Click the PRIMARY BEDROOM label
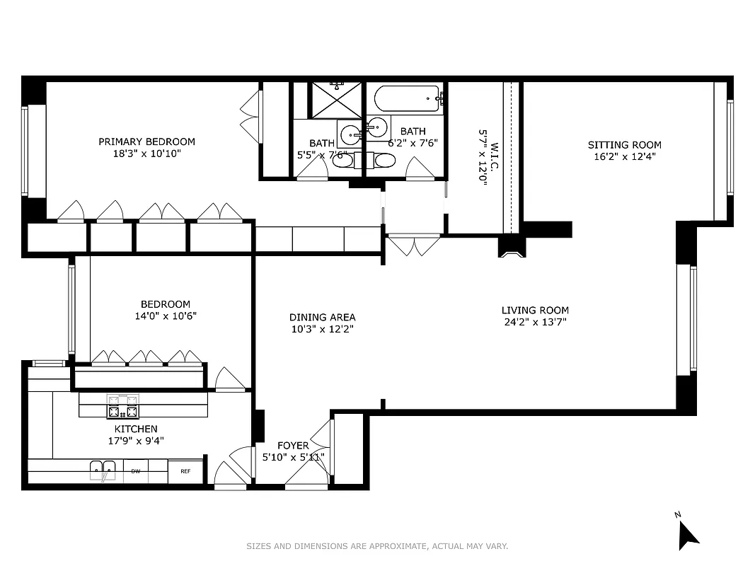click(x=146, y=141)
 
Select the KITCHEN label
click(x=136, y=429)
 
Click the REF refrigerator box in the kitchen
click(x=185, y=471)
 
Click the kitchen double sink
click(x=103, y=470)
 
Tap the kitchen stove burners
click(x=122, y=408)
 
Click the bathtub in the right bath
click(x=407, y=98)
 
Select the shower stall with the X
click(x=337, y=100)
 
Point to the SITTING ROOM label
click(x=625, y=145)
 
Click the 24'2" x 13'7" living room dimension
click(x=535, y=322)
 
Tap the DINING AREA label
click(x=322, y=317)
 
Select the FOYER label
click(x=292, y=445)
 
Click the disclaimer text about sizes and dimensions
click(x=377, y=546)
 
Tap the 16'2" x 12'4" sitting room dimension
click(x=625, y=157)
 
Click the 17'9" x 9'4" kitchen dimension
click(x=136, y=440)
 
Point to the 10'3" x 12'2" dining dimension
click(x=322, y=329)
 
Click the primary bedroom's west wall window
click(x=25, y=151)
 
